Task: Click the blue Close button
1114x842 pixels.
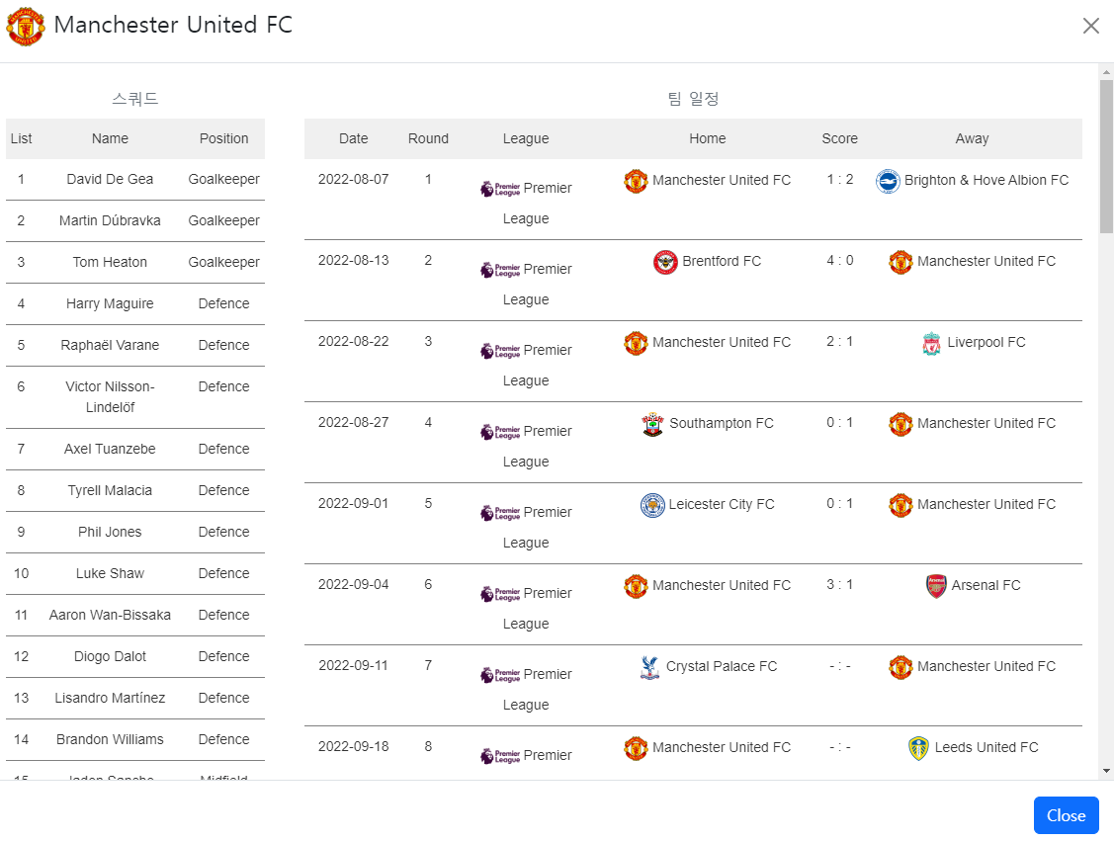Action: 1066,815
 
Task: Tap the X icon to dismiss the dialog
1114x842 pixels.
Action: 1090,26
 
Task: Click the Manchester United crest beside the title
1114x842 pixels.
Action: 26,26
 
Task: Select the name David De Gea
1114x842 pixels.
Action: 110,179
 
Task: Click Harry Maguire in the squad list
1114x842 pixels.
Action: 110,303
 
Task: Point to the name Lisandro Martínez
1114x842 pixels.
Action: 110,698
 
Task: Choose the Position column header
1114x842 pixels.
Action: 223,138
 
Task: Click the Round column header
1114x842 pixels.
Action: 428,138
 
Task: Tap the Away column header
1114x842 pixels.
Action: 972,138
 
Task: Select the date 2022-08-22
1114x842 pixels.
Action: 353,341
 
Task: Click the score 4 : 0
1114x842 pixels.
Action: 839,260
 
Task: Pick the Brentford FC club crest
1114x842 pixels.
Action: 665,262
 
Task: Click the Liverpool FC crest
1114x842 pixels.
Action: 931,344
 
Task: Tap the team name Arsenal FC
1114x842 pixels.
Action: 985,585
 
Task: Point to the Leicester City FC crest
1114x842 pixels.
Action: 652,505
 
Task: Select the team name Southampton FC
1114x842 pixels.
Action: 721,423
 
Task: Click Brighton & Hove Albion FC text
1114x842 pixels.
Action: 985,180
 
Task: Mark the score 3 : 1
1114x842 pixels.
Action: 839,584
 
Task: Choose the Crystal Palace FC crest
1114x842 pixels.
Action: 649,667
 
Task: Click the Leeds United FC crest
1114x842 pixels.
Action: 918,748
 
